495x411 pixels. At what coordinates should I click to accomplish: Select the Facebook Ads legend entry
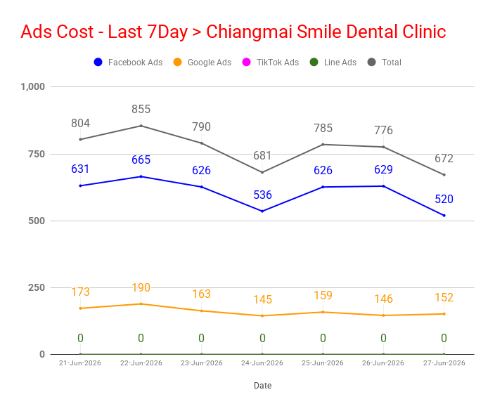click(x=128, y=62)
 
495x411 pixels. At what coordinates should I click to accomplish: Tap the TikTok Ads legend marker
click(x=246, y=62)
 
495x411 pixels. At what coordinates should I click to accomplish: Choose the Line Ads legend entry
click(x=333, y=62)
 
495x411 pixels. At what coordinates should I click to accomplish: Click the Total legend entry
click(x=385, y=62)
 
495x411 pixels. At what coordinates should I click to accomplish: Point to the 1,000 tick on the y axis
click(x=32, y=86)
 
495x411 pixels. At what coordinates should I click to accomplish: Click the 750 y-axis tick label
click(x=37, y=154)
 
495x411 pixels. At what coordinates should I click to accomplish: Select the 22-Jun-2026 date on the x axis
click(x=141, y=363)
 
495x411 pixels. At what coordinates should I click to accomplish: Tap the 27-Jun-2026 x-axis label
click(x=444, y=363)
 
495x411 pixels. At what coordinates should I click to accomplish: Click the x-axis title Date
click(x=263, y=386)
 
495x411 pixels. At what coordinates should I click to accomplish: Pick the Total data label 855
click(x=141, y=109)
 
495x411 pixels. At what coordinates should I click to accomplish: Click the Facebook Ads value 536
click(x=262, y=195)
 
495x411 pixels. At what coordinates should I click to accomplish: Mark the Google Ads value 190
click(x=141, y=287)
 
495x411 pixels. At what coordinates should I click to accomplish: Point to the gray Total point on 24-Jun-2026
click(x=262, y=172)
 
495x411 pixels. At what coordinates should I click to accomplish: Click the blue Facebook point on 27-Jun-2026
click(x=444, y=216)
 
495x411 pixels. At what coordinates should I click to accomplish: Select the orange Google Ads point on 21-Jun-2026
click(x=80, y=308)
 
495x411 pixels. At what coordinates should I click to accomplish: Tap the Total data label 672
click(x=444, y=158)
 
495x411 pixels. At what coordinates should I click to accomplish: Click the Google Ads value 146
click(x=383, y=299)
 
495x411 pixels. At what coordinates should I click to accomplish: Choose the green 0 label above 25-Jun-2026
click(x=323, y=338)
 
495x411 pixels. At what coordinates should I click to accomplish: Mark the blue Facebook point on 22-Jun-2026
click(x=141, y=176)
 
